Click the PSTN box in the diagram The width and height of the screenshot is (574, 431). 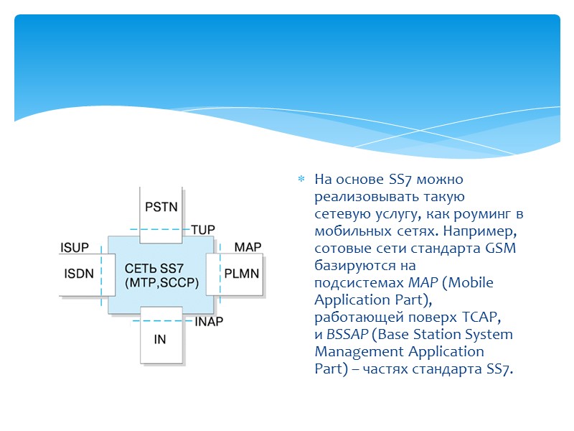(161, 207)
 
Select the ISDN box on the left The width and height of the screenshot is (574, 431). (79, 274)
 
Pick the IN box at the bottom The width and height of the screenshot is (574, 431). (159, 338)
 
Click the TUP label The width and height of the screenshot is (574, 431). (203, 230)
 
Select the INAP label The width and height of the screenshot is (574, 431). (209, 322)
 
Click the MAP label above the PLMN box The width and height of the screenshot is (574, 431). (248, 247)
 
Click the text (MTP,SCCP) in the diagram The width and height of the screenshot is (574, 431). (161, 282)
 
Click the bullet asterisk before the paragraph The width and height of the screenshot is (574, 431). (301, 179)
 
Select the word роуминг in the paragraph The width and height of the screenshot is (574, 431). (484, 214)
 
